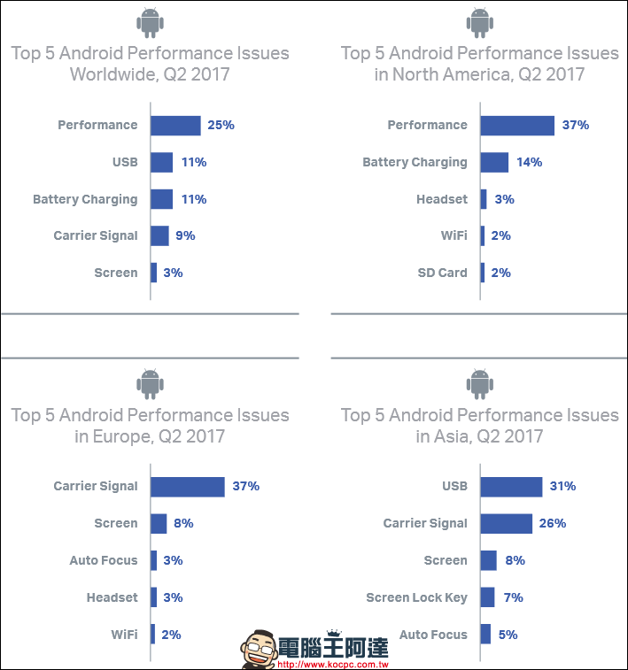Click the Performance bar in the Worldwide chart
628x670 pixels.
(x=175, y=125)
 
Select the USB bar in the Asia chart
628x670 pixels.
(x=511, y=486)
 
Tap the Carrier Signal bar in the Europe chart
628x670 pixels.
(x=187, y=486)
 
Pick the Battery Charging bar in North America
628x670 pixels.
(x=494, y=162)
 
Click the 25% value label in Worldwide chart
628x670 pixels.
(x=221, y=125)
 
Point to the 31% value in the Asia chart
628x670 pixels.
(x=562, y=486)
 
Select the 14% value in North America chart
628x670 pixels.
(x=529, y=162)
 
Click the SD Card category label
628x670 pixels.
(x=442, y=273)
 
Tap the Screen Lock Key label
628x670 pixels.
(x=416, y=597)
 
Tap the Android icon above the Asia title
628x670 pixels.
(x=480, y=382)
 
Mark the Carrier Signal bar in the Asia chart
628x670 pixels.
(x=506, y=523)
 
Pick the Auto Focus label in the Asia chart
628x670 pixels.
(x=433, y=635)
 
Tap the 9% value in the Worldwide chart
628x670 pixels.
(x=185, y=235)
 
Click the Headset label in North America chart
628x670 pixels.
(x=441, y=199)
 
